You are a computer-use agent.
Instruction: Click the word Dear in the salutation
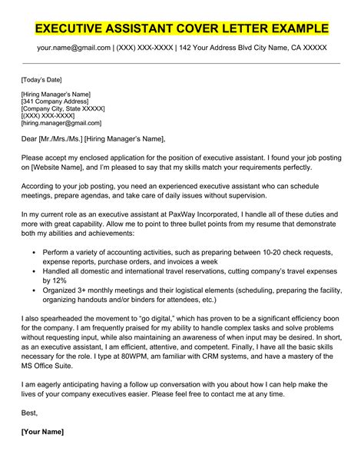point(31,138)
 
